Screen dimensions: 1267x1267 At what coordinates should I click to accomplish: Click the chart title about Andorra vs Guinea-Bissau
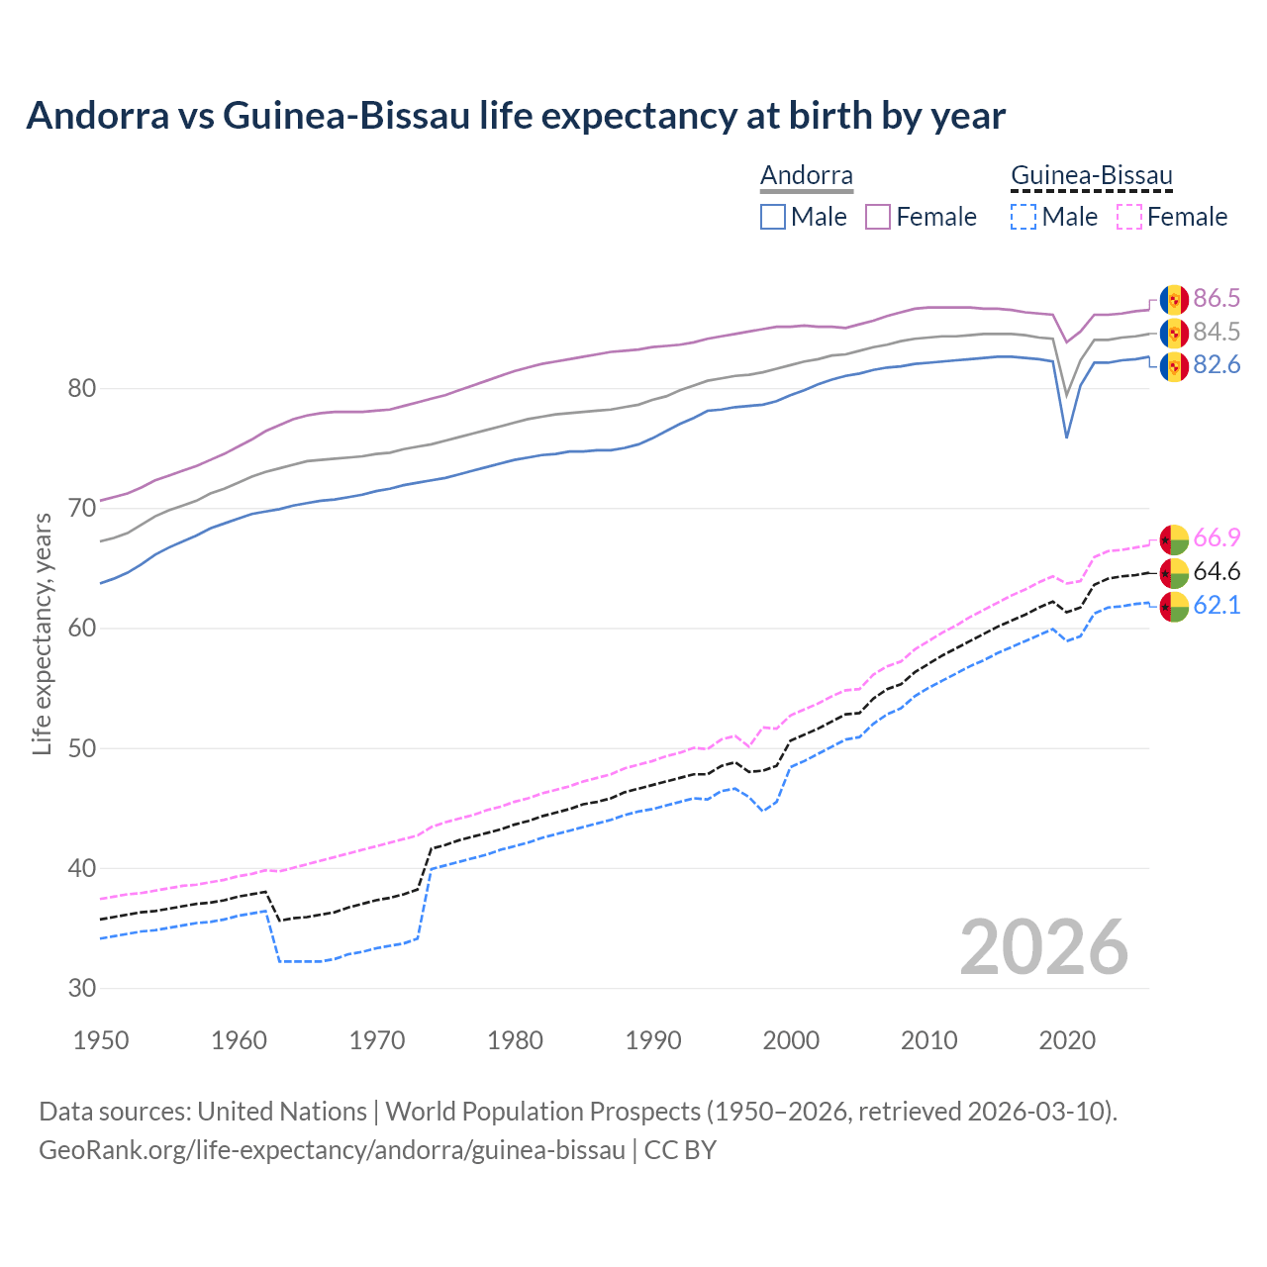coord(516,116)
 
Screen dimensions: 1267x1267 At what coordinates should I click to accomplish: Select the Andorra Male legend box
coord(773,217)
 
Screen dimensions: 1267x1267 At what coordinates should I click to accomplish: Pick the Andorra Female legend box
coord(878,217)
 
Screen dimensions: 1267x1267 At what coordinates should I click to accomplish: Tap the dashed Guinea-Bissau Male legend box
coord(1023,217)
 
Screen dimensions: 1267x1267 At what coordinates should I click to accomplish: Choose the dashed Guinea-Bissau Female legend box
coord(1128,217)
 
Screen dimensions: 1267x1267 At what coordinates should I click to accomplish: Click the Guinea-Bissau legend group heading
coord(1091,176)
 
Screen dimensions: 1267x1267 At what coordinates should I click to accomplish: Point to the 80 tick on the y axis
coord(81,389)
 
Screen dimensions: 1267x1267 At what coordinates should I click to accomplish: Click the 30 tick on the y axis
coord(81,988)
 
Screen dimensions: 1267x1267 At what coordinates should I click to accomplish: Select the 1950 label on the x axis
coord(101,1040)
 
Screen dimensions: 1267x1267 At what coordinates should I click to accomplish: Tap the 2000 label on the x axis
coord(791,1040)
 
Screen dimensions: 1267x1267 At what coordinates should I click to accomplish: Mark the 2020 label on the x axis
coord(1066,1040)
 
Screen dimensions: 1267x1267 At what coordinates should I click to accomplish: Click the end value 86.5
coord(1217,299)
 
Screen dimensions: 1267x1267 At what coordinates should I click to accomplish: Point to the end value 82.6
coord(1217,365)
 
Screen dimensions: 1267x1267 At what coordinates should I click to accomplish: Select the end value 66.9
coord(1217,538)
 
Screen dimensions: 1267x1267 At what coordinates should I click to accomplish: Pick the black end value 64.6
coord(1217,572)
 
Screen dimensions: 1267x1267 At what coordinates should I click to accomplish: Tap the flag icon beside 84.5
coord(1174,333)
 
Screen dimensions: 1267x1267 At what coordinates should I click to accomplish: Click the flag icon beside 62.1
coord(1174,606)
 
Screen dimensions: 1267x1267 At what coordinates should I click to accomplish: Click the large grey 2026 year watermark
coord(1043,947)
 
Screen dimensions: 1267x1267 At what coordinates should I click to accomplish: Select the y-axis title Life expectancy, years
coord(42,633)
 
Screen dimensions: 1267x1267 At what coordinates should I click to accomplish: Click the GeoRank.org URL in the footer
coord(332,1150)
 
